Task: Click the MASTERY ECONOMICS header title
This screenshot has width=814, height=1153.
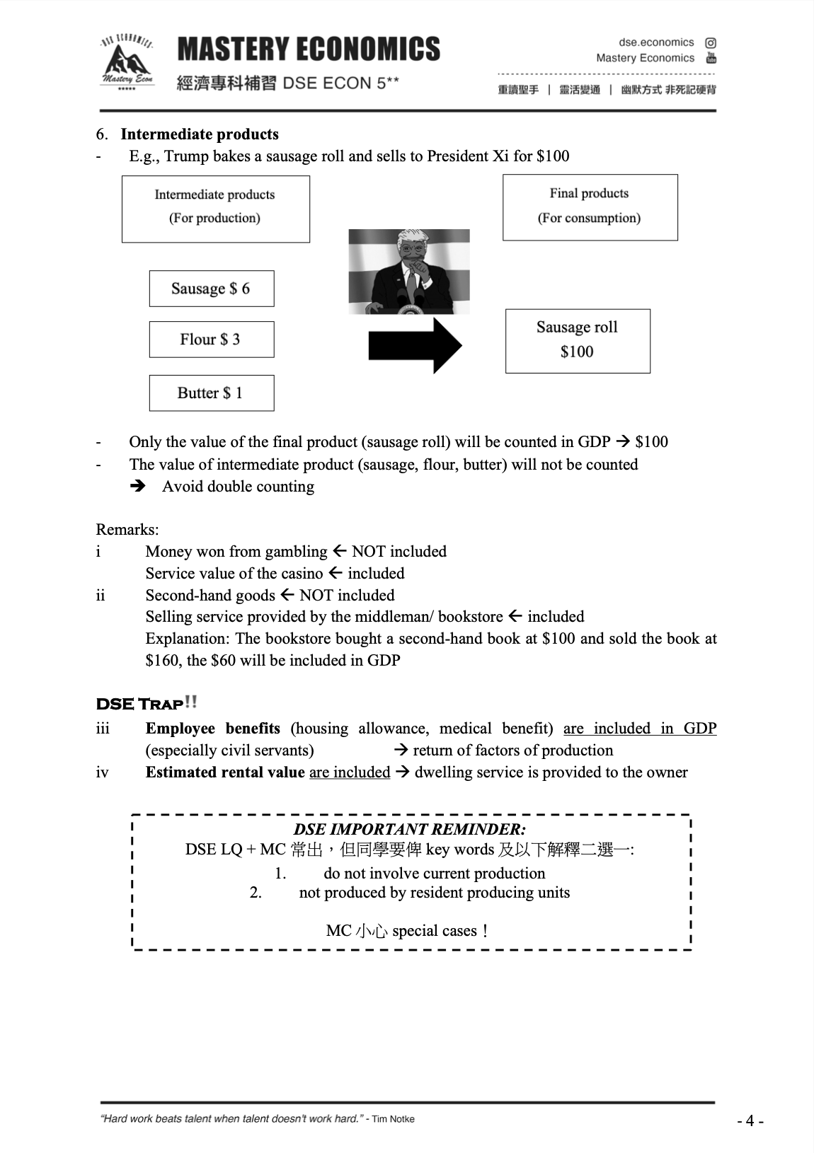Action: tap(309, 50)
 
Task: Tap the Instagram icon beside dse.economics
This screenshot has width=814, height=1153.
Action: tap(711, 42)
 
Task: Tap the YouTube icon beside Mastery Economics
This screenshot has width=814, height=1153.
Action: tap(711, 58)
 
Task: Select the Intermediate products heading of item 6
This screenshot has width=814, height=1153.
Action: tap(200, 134)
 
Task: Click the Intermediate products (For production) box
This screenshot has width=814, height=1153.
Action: tap(215, 209)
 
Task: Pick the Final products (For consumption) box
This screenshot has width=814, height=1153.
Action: tap(590, 207)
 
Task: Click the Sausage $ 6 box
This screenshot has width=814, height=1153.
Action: tap(211, 289)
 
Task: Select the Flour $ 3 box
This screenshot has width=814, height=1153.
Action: tap(211, 340)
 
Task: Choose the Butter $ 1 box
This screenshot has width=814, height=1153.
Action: tap(211, 393)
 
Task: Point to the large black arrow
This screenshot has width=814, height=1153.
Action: tap(415, 345)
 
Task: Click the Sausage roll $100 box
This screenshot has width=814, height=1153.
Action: tap(577, 340)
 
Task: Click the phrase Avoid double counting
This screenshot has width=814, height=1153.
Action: tap(238, 487)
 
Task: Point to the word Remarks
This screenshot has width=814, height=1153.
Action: tap(126, 530)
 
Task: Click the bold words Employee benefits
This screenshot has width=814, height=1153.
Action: tap(212, 729)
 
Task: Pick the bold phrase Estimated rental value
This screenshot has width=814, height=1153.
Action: tap(225, 772)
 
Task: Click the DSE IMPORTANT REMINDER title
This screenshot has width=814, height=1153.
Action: tap(409, 829)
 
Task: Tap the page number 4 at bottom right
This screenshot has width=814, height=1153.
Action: tap(750, 1120)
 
